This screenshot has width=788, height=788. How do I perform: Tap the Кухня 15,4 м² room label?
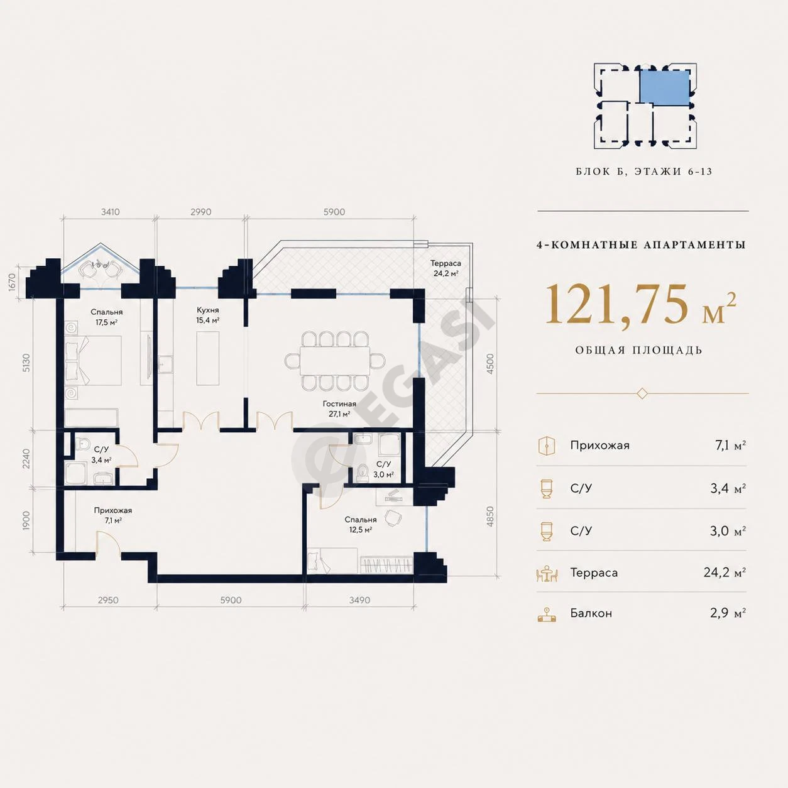208,315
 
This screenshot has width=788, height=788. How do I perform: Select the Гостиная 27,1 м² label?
339,408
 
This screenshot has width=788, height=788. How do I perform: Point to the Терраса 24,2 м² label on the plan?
446,268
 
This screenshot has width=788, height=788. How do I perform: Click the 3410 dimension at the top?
111,212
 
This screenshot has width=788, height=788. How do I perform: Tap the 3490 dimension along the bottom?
359,600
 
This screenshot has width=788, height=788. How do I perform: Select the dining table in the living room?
335,361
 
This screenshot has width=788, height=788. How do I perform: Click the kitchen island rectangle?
208,358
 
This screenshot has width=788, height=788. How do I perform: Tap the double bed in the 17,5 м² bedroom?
93,360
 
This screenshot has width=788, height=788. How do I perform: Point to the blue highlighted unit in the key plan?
664,92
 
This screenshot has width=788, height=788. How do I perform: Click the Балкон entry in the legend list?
591,613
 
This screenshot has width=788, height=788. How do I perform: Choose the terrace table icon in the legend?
547,573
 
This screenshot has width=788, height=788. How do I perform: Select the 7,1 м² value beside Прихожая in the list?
730,445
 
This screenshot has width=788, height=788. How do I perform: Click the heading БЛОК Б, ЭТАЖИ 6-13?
644,172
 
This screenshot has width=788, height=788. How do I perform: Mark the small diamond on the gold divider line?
642,394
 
